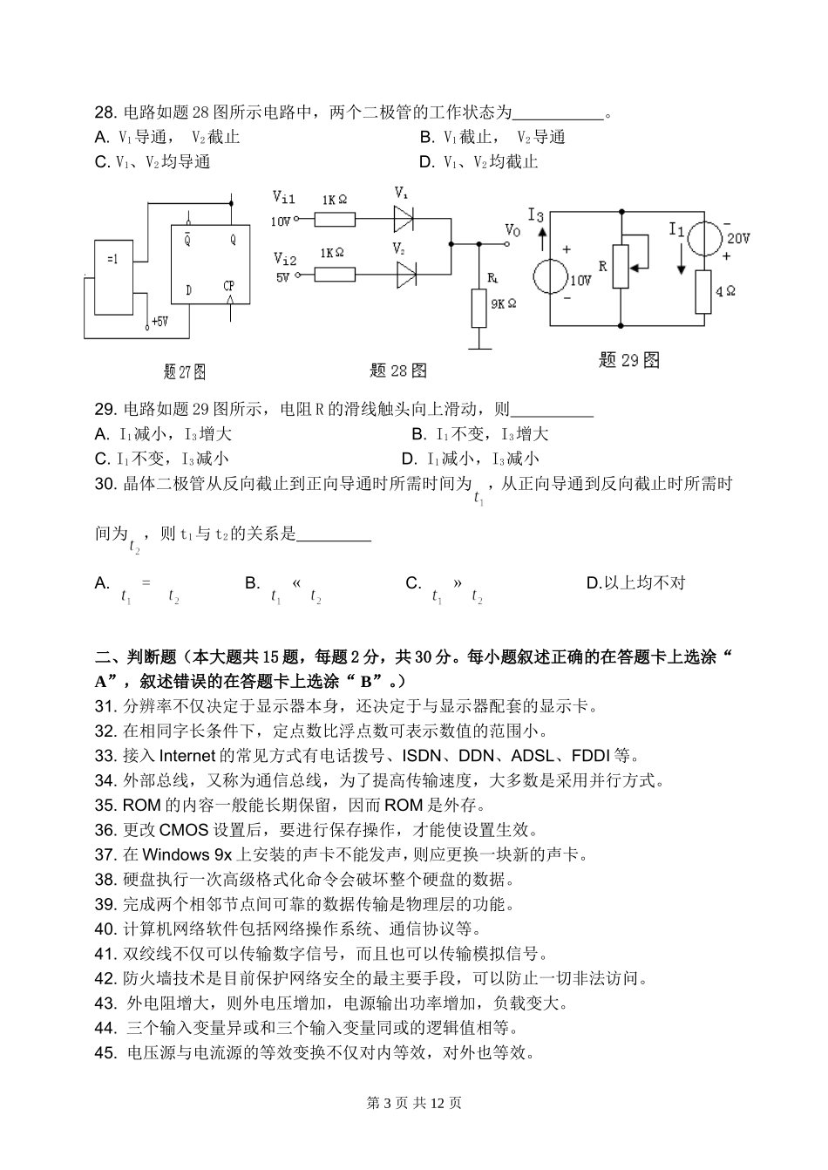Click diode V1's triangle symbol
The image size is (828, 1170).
[x=404, y=216]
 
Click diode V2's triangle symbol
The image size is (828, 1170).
[x=405, y=275]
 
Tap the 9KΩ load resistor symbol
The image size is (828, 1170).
[x=478, y=308]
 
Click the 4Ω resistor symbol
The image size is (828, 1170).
[x=704, y=291]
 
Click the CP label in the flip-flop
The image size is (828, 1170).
[x=228, y=286]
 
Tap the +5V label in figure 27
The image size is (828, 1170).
[x=159, y=322]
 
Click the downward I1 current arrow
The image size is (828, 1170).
[x=681, y=257]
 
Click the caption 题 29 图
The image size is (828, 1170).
[x=629, y=360]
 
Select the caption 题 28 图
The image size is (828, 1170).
[x=398, y=371]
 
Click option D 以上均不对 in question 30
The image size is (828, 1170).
[x=635, y=582]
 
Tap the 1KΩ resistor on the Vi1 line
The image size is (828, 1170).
[x=334, y=219]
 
